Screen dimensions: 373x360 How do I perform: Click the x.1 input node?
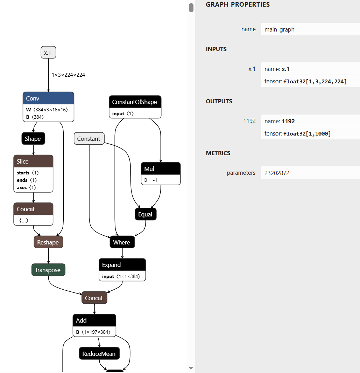pos(48,53)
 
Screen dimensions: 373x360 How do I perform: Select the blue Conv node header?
pos(48,98)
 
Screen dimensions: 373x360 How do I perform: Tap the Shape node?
pos(33,139)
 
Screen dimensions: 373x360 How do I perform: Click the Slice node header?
pos(33,161)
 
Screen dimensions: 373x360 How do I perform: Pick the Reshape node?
pos(48,242)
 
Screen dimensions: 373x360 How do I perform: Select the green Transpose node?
pos(48,270)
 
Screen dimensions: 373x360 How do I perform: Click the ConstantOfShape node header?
pos(135,102)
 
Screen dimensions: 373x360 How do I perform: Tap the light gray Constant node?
pos(89,139)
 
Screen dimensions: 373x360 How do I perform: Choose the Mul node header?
pos(161,169)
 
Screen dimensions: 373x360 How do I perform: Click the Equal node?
pos(145,214)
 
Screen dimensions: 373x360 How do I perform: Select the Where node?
pos(122,242)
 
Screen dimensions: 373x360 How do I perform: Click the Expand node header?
pos(122,265)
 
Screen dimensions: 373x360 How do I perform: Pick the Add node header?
pos(94,320)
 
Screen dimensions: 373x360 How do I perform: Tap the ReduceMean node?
pos(99,354)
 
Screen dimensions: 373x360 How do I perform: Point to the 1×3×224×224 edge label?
pos(68,75)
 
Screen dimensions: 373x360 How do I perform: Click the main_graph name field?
pos(310,29)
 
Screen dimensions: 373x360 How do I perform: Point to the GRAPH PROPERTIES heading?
pos(238,5)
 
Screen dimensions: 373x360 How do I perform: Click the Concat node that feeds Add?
pos(94,298)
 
